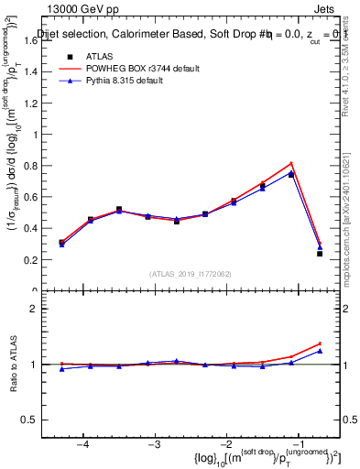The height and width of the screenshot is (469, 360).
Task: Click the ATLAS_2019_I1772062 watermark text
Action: tap(191, 274)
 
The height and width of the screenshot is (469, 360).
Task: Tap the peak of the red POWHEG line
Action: tap(291, 163)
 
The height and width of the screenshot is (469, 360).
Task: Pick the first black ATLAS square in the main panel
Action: tap(61, 243)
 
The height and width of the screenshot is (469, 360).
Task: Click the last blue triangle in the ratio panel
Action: tap(320, 351)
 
